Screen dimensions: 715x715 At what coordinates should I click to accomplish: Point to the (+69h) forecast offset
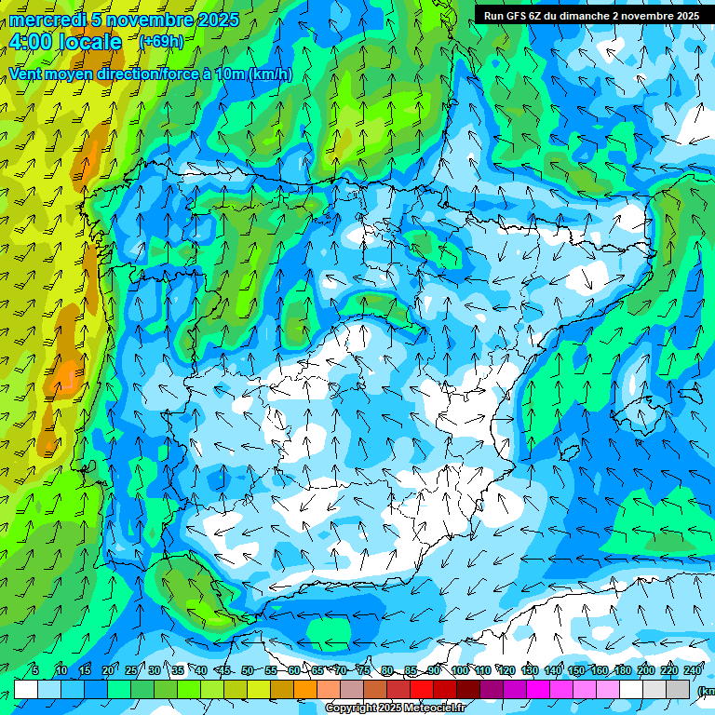[161, 42]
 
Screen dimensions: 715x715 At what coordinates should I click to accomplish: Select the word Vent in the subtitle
[29, 74]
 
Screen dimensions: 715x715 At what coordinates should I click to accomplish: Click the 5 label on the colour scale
[35, 670]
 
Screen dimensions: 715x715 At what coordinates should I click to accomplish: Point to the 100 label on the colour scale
[460, 670]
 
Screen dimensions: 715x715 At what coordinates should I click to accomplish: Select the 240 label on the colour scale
[693, 670]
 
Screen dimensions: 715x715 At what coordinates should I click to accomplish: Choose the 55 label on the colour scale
[271, 670]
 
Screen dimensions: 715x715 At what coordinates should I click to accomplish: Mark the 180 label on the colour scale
[623, 670]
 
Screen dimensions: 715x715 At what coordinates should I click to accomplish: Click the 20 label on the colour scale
[108, 670]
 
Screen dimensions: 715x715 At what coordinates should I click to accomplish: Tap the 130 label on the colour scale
[530, 670]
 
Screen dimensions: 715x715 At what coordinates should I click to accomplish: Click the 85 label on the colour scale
[411, 670]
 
